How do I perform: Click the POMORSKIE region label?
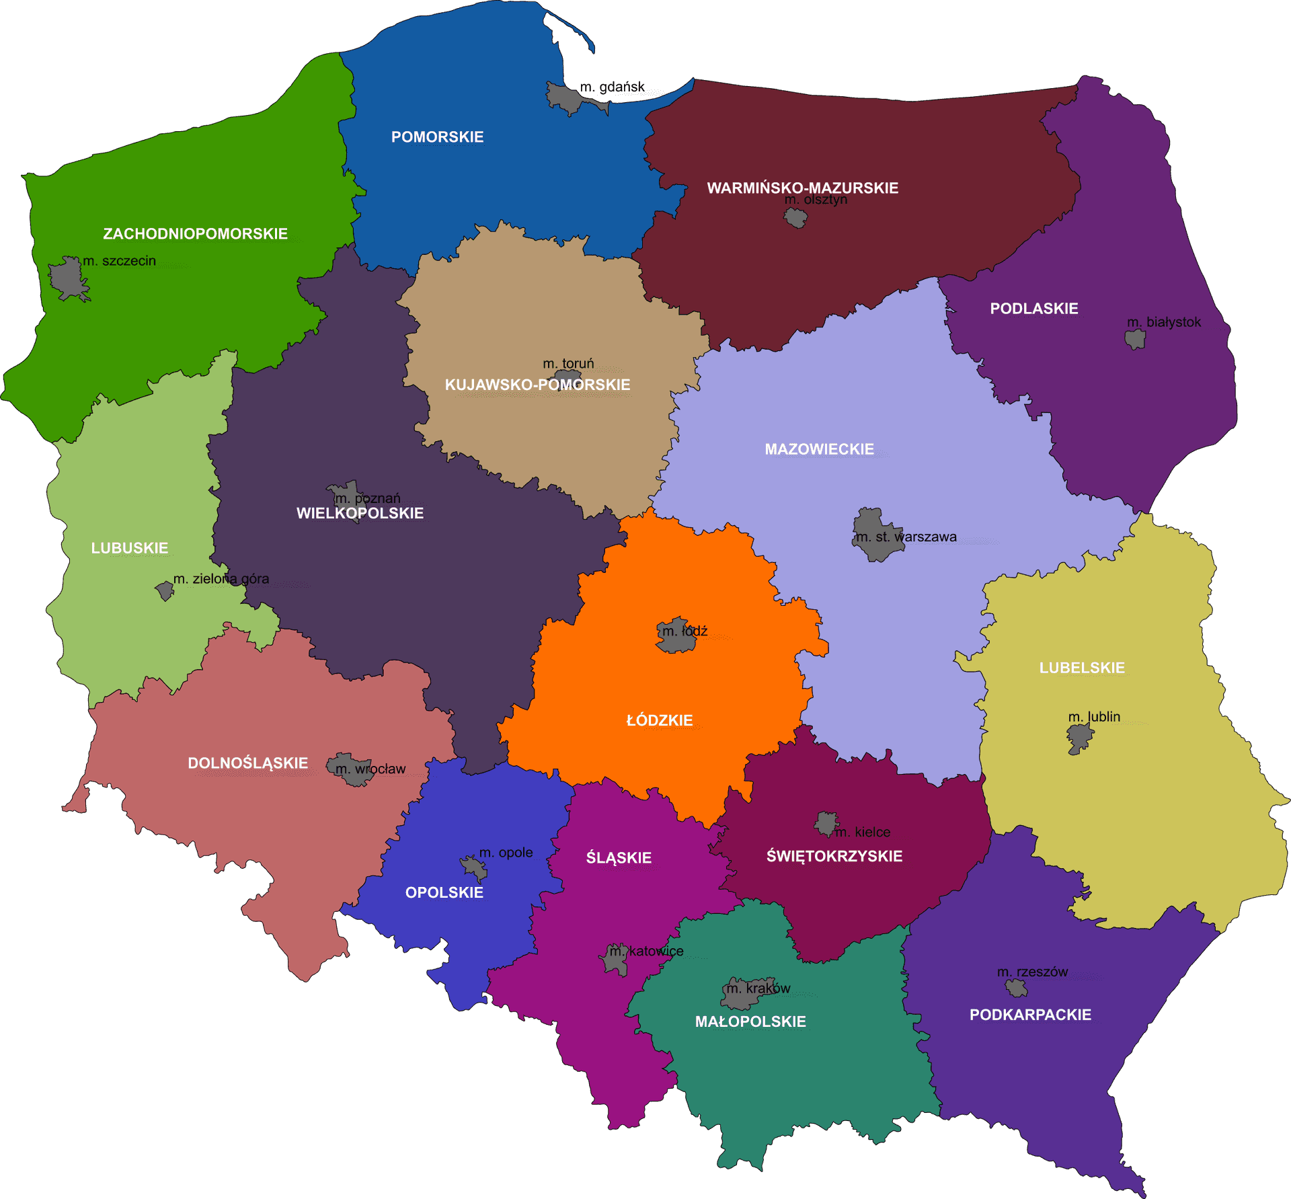437,137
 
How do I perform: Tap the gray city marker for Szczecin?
67,278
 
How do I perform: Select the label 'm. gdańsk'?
612,87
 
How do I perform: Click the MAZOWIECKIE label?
819,449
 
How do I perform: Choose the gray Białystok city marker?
1135,339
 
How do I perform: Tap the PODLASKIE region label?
1033,309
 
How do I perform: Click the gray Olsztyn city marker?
796,218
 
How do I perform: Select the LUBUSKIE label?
130,548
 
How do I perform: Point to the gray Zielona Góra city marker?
164,590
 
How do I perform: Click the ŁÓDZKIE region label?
659,720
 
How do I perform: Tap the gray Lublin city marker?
1079,739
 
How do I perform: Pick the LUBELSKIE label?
1082,668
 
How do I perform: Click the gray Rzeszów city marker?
1016,988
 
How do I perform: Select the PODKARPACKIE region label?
1030,1015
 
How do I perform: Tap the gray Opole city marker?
474,867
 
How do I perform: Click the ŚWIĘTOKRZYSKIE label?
834,856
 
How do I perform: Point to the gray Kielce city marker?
826,823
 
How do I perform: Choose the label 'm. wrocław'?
370,769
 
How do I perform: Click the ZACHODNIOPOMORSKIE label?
195,234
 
